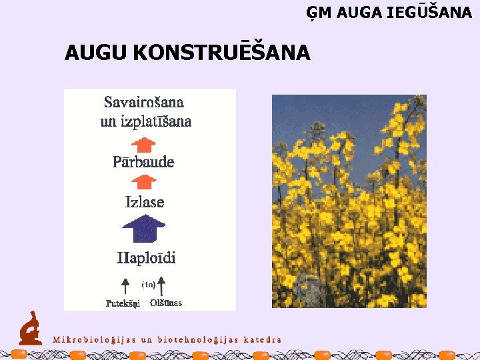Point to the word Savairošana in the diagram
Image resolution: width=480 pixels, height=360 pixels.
(144, 103)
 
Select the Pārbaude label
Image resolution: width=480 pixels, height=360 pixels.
(143, 162)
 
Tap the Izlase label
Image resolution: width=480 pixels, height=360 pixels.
(145, 202)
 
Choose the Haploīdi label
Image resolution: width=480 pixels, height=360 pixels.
(147, 257)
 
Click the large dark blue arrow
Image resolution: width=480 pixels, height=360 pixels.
(144, 231)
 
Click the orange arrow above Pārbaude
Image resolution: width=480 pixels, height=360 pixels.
(143, 144)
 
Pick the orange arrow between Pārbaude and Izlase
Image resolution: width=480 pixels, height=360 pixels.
(143, 181)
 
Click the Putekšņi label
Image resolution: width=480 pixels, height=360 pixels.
(123, 303)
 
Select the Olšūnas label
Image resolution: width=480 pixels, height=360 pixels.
(166, 303)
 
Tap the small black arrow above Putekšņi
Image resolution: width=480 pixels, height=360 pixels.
(125, 287)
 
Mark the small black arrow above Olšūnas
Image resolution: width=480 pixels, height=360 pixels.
(161, 286)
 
